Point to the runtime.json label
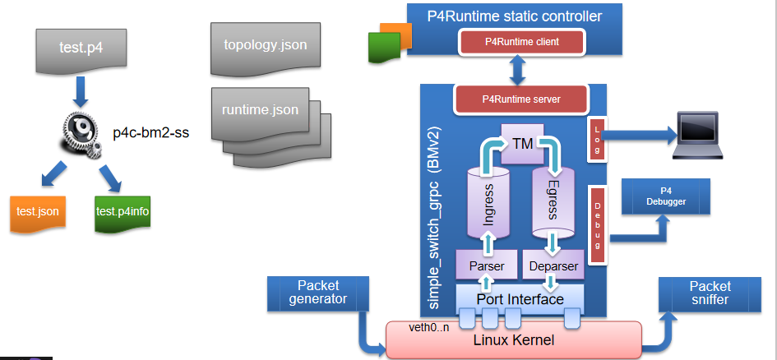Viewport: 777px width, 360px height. [x=260, y=109]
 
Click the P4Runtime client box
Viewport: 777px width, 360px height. [x=521, y=40]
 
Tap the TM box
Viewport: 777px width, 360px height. [x=522, y=142]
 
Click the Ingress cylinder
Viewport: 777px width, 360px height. [x=487, y=198]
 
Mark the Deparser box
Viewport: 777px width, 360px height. [x=553, y=266]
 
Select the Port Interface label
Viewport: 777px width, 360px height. [x=520, y=299]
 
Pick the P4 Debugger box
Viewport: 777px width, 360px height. [x=665, y=196]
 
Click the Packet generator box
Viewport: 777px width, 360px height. [x=317, y=292]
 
